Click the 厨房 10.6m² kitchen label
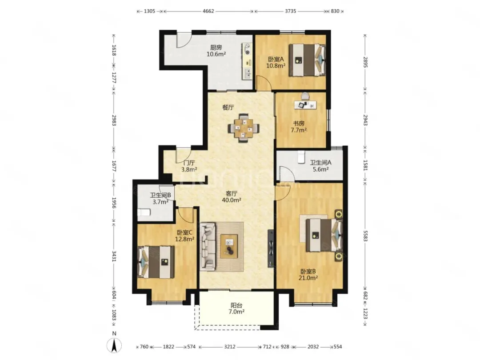click(x=216, y=51)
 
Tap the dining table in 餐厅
click(x=244, y=128)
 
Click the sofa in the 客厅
click(x=208, y=247)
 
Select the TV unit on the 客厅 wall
click(x=271, y=248)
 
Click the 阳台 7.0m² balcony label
click(x=237, y=308)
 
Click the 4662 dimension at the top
click(x=208, y=11)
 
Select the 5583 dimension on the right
click(x=365, y=235)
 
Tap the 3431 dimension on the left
click(x=114, y=256)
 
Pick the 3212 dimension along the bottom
click(x=230, y=347)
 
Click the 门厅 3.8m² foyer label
click(x=188, y=166)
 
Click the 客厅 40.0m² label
click(x=232, y=196)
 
